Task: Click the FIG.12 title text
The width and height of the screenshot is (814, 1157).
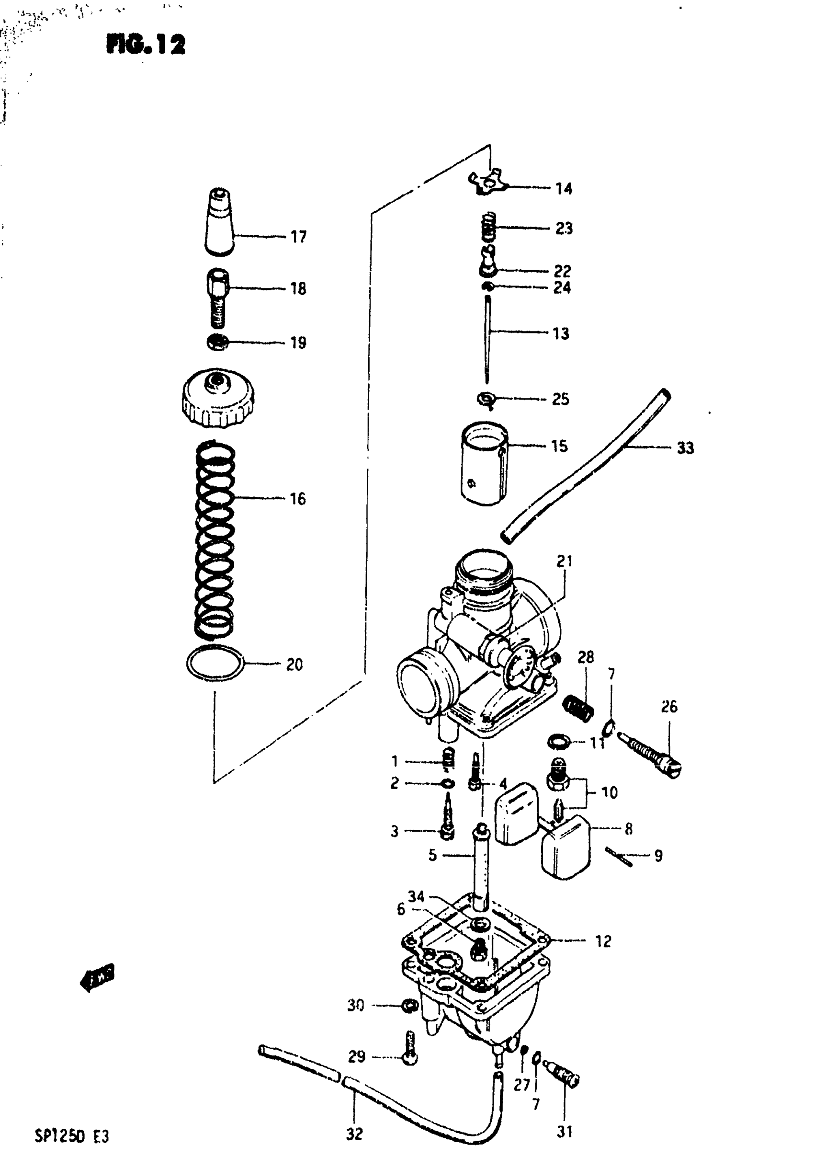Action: click(146, 45)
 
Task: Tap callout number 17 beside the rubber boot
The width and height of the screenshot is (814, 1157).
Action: click(298, 236)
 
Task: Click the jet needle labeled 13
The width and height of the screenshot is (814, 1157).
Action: click(487, 339)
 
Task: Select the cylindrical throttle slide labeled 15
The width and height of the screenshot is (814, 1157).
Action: click(485, 463)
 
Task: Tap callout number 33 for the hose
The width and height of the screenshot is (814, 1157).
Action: click(685, 447)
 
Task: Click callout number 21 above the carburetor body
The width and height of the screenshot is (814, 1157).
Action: click(564, 561)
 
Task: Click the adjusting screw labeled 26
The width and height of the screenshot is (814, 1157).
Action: click(650, 756)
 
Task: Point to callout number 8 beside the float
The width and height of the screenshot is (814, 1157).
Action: click(628, 829)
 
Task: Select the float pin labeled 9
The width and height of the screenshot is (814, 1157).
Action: click(619, 856)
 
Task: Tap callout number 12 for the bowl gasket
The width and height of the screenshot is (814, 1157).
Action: click(603, 941)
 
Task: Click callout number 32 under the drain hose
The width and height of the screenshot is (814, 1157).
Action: click(354, 1134)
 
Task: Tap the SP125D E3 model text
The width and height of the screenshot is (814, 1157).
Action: click(71, 1136)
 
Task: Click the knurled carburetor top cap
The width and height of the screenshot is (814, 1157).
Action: click(217, 398)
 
